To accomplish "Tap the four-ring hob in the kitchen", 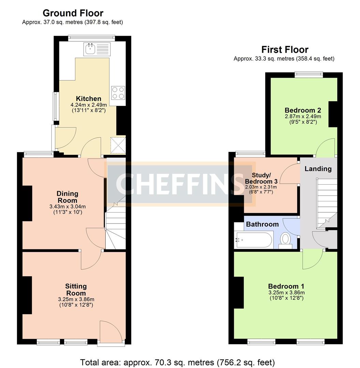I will coord(118,93).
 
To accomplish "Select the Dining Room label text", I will coord(67,197).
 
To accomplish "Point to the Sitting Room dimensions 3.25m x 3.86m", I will coord(76,299).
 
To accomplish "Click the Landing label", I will coord(318,169).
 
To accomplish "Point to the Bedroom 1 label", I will coord(286,286).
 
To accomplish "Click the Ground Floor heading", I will coord(73,13).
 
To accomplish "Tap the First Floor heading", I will coord(285,50).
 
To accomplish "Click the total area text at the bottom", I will coord(177,362).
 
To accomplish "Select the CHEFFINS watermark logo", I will coord(181,184).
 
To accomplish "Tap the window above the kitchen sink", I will coord(91,37).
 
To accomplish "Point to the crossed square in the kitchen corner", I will coord(118,145).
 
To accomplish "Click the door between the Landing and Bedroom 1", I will coord(313,259).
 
